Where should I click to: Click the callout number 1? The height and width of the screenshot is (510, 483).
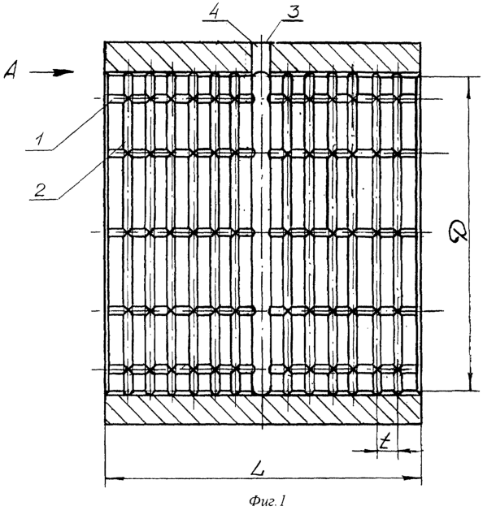point(39,140)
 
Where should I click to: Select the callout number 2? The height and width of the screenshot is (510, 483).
point(40,189)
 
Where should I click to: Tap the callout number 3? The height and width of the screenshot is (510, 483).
point(293,12)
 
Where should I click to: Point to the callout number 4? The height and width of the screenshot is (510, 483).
point(214,12)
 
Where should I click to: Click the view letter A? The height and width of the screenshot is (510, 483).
point(10,71)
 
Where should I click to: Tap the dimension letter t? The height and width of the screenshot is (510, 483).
point(385,443)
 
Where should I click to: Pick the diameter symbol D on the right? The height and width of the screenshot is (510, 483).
point(457,232)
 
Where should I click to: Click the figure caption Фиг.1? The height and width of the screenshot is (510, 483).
point(267,501)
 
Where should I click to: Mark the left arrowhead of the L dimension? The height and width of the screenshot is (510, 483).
point(115,478)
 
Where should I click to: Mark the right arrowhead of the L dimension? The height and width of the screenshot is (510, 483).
point(411,478)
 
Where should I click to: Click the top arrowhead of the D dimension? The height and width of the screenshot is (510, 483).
point(469,87)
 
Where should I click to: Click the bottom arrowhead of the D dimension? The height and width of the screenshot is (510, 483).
point(470,381)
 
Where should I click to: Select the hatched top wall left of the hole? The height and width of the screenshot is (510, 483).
point(178,57)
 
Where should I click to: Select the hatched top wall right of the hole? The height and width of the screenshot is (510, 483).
point(346,57)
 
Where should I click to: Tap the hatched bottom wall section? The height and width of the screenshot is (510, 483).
point(263,410)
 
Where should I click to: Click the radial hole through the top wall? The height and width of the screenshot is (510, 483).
point(261,57)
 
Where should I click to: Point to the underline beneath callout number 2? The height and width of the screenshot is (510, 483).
point(44,199)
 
